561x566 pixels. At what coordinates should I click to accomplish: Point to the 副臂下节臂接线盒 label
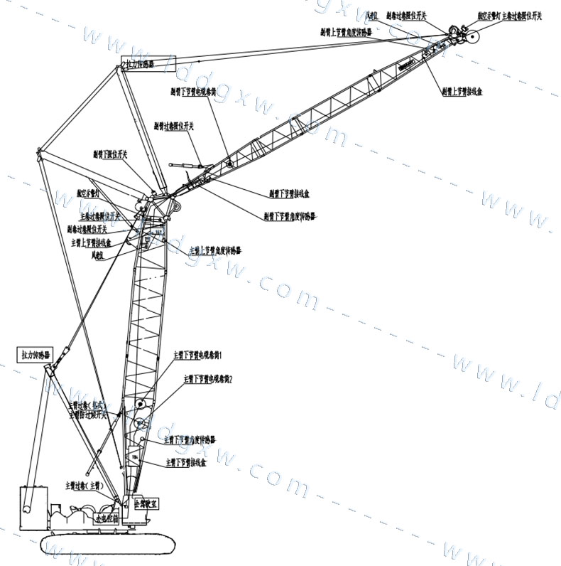point(288,193)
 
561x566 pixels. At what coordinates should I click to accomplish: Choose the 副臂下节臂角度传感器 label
point(290,215)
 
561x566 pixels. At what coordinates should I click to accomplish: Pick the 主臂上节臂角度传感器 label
point(215,251)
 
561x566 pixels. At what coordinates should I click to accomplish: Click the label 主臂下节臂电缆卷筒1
point(198,354)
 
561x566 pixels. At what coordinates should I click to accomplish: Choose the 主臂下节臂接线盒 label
point(186,462)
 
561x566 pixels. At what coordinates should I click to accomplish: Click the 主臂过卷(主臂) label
point(84,486)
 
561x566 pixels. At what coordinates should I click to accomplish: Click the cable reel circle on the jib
point(229,164)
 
